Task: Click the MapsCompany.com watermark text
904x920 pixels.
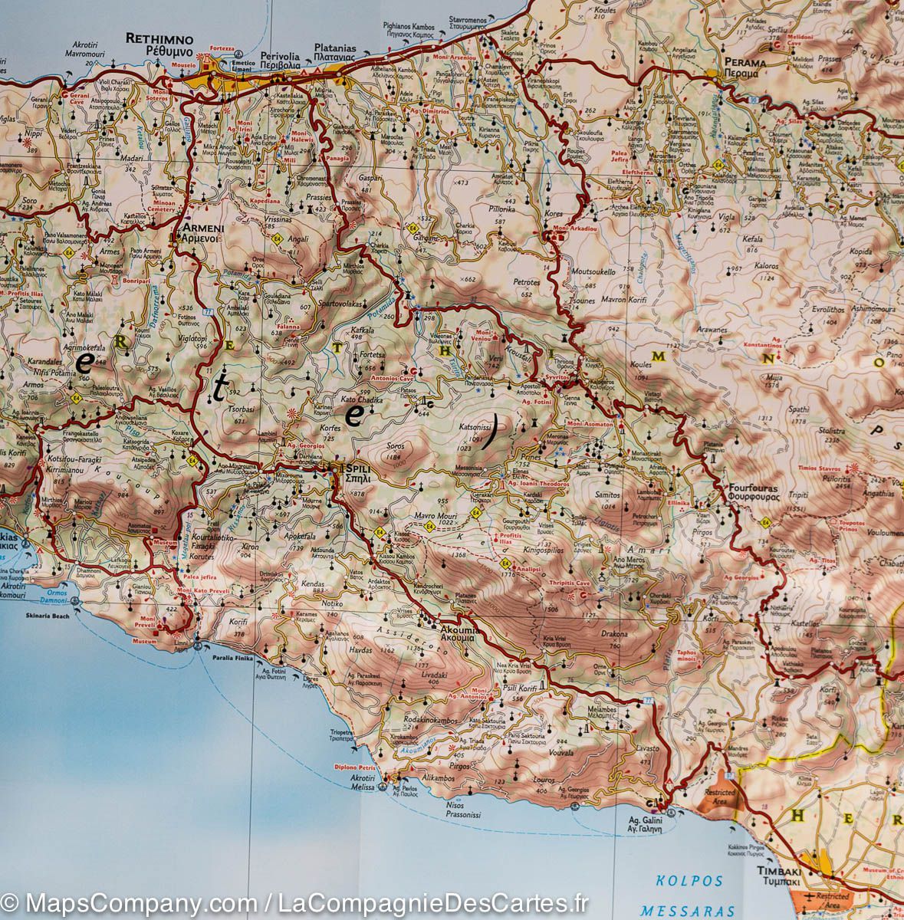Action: click(x=132, y=902)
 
